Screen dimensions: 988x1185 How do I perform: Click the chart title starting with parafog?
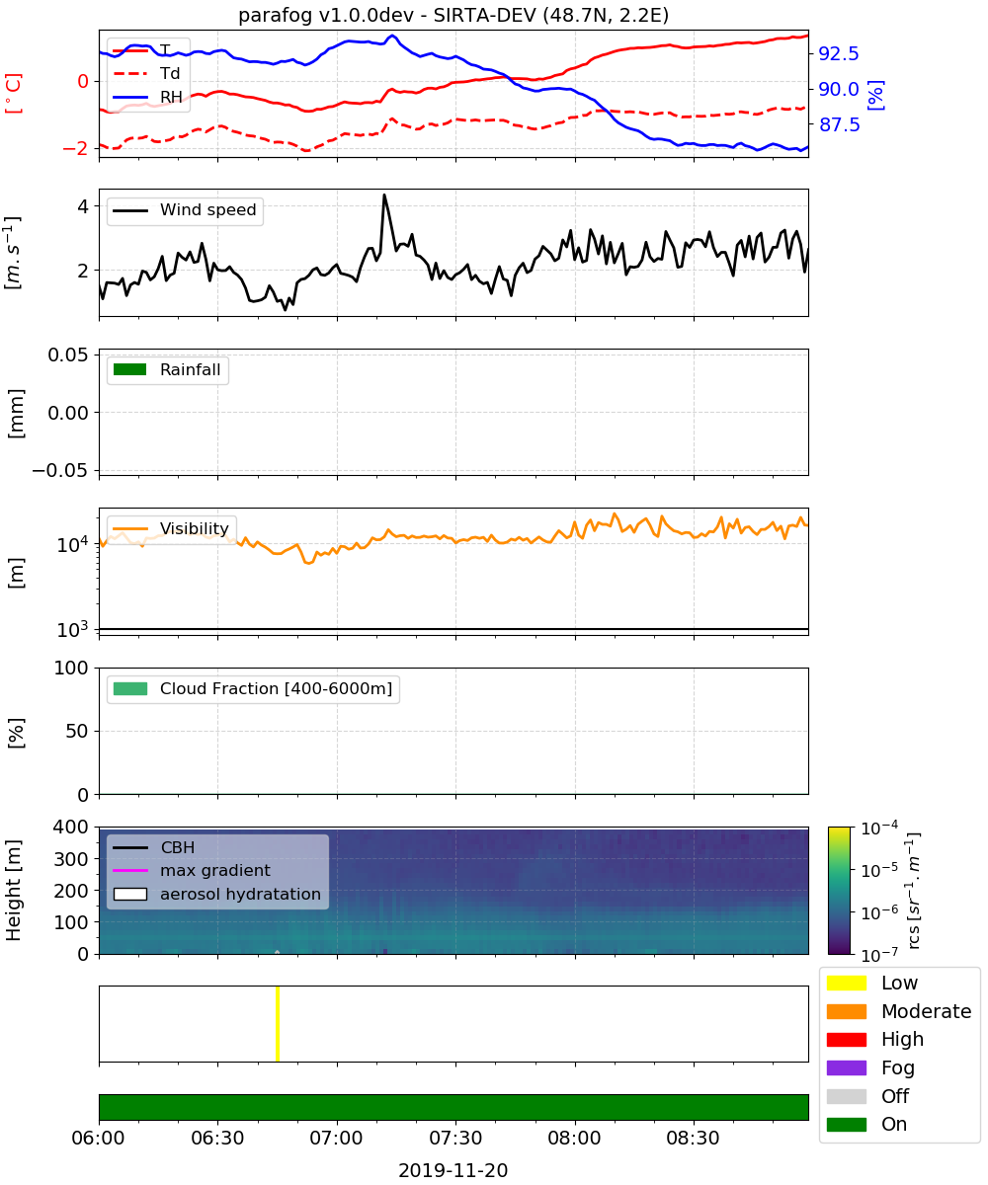(x=453, y=15)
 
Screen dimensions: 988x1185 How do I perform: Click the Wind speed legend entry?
(x=185, y=210)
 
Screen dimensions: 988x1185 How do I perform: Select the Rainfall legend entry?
(x=167, y=369)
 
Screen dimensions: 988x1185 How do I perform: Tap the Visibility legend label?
(x=195, y=528)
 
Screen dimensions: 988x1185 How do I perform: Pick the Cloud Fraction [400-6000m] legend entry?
(x=253, y=688)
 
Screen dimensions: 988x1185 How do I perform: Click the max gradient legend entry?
(x=192, y=870)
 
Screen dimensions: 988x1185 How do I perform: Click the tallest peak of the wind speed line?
(x=384, y=196)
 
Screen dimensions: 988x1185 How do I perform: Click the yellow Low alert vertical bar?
(x=277, y=1023)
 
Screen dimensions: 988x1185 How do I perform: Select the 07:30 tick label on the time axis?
(x=455, y=1138)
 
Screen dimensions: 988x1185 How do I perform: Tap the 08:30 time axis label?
(x=693, y=1138)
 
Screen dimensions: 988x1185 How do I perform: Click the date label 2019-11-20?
(x=453, y=1170)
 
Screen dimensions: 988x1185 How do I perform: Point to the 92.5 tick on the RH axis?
(x=839, y=53)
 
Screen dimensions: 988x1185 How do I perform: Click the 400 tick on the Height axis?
(x=71, y=827)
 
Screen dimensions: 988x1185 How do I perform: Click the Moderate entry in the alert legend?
(x=899, y=1011)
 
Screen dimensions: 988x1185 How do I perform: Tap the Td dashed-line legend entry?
(x=146, y=73)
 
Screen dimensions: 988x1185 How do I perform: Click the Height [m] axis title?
(x=13, y=890)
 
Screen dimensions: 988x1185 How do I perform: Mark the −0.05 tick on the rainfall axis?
(x=60, y=470)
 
